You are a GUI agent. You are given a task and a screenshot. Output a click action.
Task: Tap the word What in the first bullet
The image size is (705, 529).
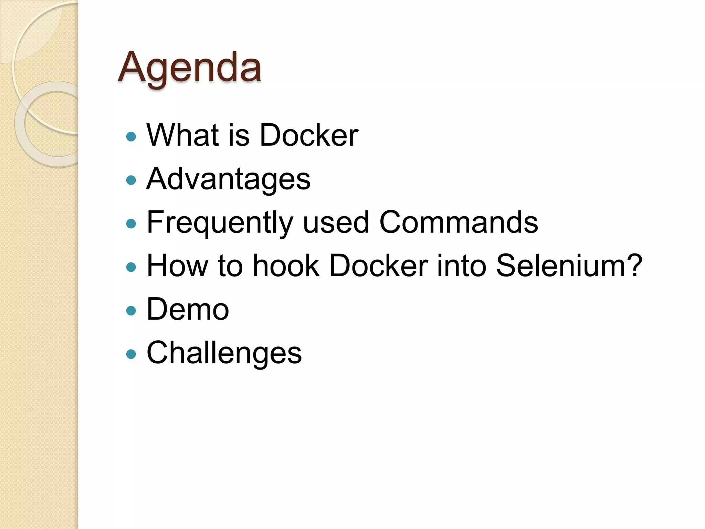pos(183,135)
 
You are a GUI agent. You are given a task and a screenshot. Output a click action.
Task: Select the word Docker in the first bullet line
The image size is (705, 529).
pos(309,135)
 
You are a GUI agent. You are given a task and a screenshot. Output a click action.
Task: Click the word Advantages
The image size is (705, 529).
pos(228,179)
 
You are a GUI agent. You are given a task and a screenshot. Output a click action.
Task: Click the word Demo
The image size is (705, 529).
pos(188,309)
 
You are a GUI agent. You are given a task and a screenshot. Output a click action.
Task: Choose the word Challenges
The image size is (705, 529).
pos(224,353)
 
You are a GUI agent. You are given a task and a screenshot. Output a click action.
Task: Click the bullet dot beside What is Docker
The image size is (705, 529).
pos(131,137)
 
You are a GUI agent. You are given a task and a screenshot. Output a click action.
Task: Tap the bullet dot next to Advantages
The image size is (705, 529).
pos(131,180)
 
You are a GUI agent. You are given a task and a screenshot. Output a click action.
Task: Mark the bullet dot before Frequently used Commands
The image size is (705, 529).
pos(131,224)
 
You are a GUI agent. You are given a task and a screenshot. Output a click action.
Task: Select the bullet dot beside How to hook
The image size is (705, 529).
pos(131,267)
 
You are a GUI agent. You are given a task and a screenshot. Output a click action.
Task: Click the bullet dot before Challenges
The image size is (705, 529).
pos(131,354)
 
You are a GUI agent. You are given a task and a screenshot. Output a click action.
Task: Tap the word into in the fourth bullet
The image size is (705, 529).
pos(462,266)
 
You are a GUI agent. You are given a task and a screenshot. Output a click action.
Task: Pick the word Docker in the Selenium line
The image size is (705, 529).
pos(379,266)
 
